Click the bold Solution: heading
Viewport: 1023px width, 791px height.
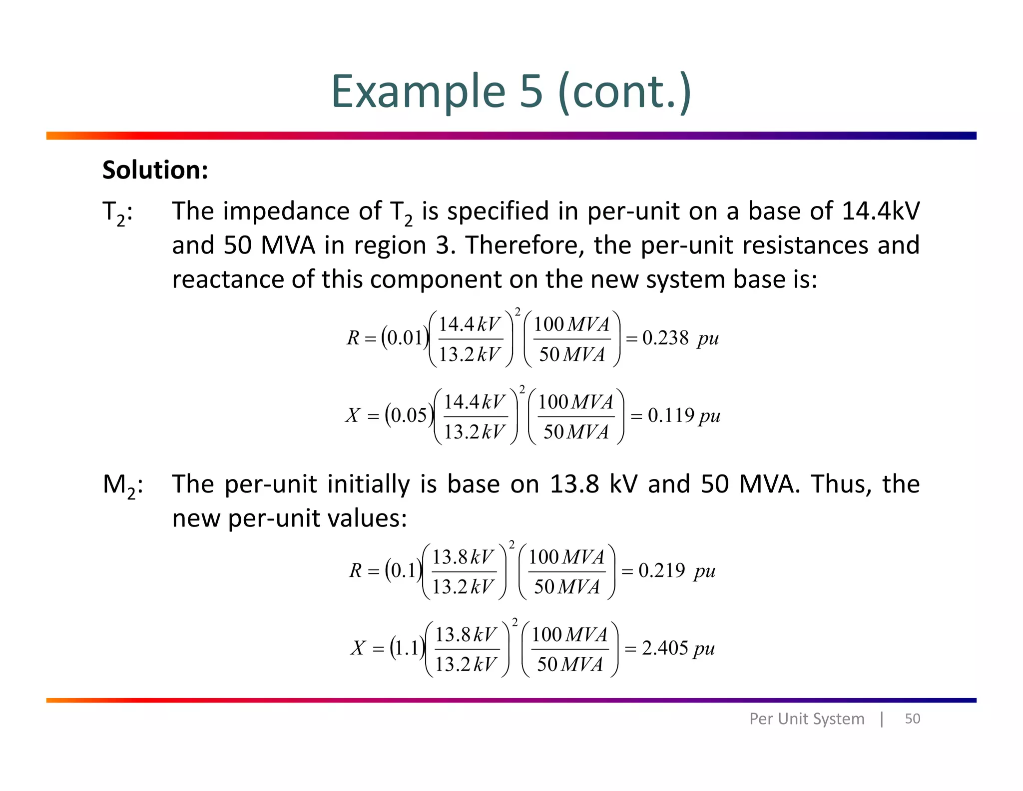(x=155, y=170)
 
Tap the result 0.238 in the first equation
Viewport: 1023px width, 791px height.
(x=665, y=338)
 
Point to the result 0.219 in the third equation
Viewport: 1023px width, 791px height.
(x=661, y=570)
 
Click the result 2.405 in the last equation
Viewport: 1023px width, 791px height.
(x=665, y=648)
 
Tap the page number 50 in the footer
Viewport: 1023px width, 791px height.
(x=912, y=718)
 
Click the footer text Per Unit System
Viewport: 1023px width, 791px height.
(x=806, y=718)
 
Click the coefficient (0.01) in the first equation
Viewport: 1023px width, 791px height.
(x=405, y=338)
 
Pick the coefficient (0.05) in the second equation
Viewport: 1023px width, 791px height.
(x=409, y=415)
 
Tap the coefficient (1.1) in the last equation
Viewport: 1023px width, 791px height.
(x=407, y=648)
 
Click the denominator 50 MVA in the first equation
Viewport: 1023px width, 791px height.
(x=571, y=354)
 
